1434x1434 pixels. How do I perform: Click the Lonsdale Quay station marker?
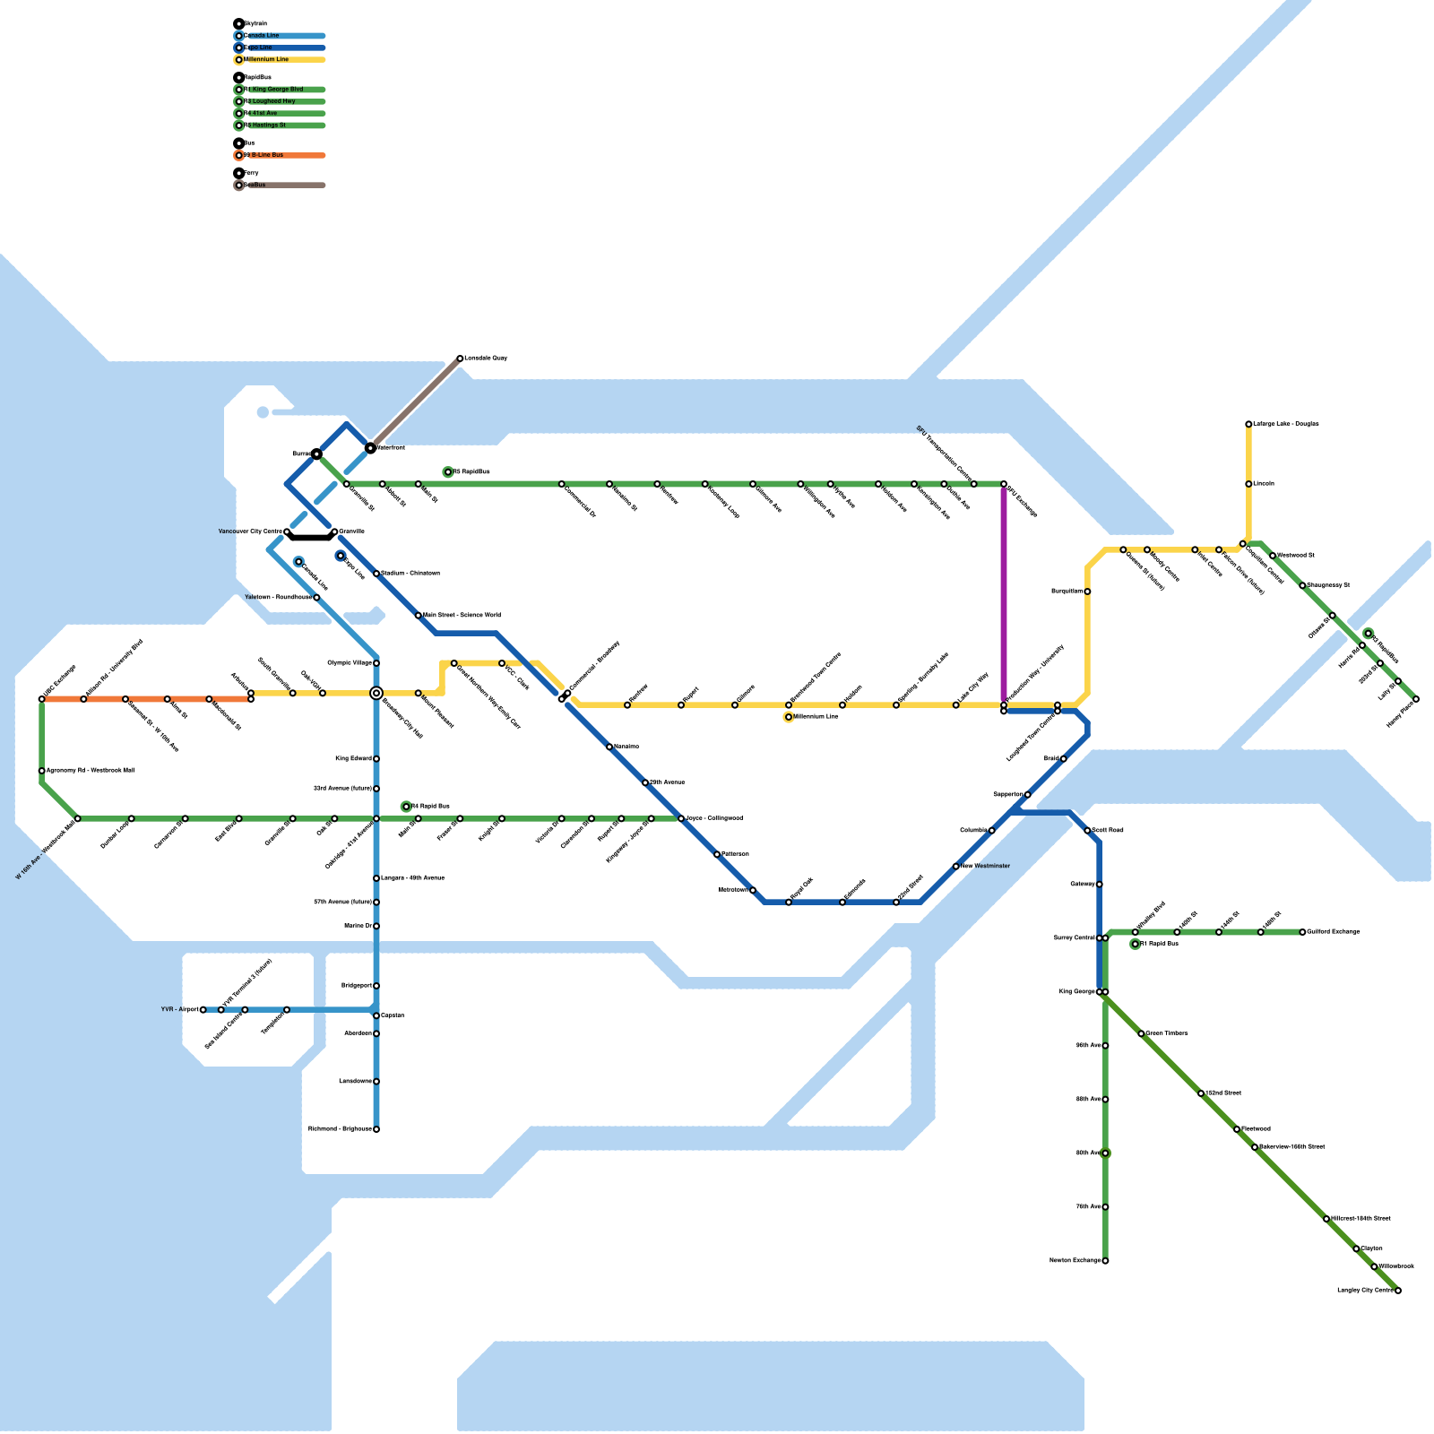tap(460, 358)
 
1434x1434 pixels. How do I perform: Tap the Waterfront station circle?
tap(370, 447)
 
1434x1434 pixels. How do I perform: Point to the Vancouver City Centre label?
tap(250, 531)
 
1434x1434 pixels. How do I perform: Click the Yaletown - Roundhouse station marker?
tap(316, 598)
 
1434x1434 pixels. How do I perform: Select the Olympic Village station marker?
tap(376, 663)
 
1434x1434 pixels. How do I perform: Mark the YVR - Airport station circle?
tap(203, 1010)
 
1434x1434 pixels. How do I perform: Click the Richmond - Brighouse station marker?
tap(376, 1129)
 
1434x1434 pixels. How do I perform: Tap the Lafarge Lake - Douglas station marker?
tap(1248, 424)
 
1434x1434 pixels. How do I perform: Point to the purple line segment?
tap(1004, 592)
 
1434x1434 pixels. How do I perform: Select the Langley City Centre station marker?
tap(1398, 1291)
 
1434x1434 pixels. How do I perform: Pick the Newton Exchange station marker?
tap(1105, 1261)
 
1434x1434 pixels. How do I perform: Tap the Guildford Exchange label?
tap(1334, 932)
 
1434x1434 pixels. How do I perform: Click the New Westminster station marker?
tap(956, 867)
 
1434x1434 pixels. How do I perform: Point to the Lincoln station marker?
tap(1248, 484)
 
